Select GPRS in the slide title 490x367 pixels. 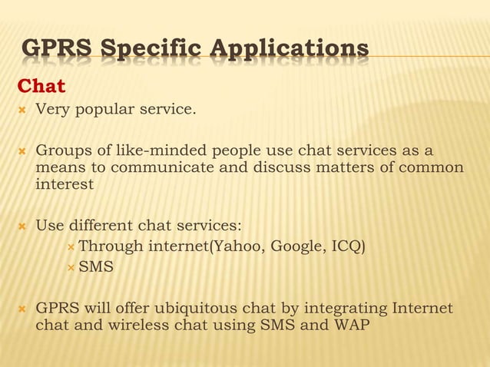click(x=55, y=51)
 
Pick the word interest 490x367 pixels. click(x=65, y=184)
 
